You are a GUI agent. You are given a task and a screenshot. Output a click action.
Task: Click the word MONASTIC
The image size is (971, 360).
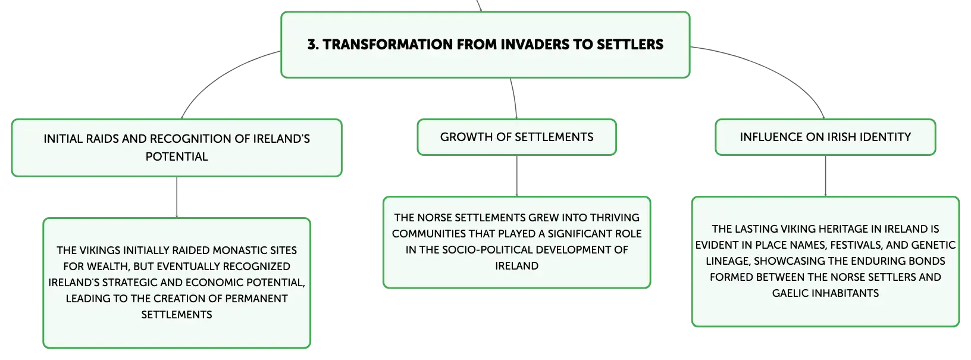coord(236,251)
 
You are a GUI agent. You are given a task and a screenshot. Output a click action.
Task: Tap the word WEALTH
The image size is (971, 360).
coord(107,267)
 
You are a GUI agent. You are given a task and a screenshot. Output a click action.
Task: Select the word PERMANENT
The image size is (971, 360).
coord(255,298)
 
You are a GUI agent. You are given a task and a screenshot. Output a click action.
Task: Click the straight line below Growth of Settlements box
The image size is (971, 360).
coord(516,176)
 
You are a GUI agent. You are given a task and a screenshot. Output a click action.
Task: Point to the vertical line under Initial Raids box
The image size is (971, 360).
coord(177,198)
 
